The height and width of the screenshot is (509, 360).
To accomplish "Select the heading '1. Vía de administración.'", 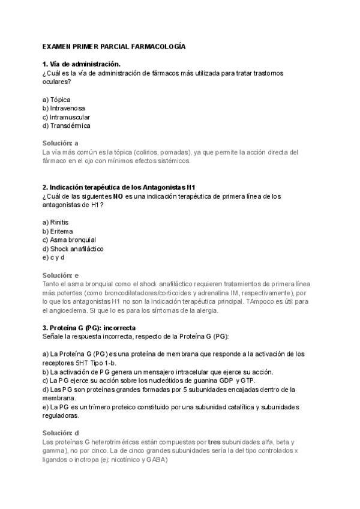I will click(x=81, y=64).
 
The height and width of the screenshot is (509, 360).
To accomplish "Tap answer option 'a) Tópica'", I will click(x=56, y=99).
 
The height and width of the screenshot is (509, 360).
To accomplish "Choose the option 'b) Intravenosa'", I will click(x=64, y=108).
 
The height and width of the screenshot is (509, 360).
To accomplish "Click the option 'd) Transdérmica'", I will click(x=66, y=126).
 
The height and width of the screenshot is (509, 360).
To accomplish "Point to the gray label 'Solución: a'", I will click(x=61, y=143).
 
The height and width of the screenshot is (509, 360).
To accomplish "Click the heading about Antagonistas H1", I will click(x=119, y=187).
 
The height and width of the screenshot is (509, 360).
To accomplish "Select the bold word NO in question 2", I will click(x=118, y=196).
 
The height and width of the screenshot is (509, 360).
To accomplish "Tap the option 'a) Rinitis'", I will click(x=55, y=222).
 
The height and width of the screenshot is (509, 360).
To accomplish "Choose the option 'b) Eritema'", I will click(x=58, y=231).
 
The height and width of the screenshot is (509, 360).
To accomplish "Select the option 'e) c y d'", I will click(x=53, y=258).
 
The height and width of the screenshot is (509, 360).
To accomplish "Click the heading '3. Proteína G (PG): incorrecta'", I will click(x=89, y=328).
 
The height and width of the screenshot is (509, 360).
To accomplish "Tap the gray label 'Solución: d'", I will click(x=61, y=433).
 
